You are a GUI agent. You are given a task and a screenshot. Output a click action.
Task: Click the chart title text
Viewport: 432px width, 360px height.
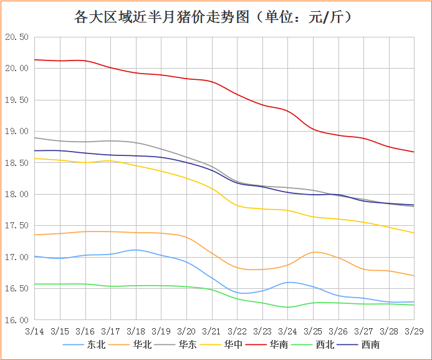click(216, 17)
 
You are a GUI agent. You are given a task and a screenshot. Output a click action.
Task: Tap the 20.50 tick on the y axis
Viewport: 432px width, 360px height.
click(17, 37)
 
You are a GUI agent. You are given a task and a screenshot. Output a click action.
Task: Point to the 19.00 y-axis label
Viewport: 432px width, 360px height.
click(17, 131)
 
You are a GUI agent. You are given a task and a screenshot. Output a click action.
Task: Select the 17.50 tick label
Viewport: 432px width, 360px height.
click(17, 226)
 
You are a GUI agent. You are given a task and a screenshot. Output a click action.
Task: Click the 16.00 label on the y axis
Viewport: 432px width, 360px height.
click(17, 320)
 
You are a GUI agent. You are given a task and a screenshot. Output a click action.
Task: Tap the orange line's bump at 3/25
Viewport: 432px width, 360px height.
click(315, 252)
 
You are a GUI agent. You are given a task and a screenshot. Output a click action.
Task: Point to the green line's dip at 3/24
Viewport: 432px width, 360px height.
click(288, 307)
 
